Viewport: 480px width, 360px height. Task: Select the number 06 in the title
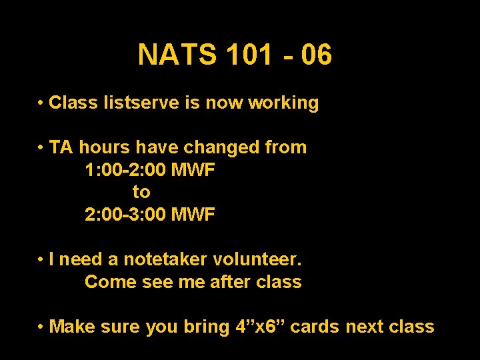(x=316, y=55)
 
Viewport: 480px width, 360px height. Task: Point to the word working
(x=283, y=103)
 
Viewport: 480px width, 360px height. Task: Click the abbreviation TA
(x=61, y=147)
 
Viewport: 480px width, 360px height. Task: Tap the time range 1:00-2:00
(x=125, y=170)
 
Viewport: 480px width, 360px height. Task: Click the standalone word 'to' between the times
(x=141, y=192)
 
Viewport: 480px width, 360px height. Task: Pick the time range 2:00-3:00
(x=125, y=215)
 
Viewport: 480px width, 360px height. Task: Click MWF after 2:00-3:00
(x=193, y=215)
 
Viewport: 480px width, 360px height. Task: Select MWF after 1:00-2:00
(x=193, y=170)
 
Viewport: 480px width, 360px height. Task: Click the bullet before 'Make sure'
(x=41, y=327)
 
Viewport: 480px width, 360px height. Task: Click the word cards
(x=316, y=327)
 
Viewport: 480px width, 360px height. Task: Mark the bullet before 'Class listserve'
(x=41, y=103)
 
